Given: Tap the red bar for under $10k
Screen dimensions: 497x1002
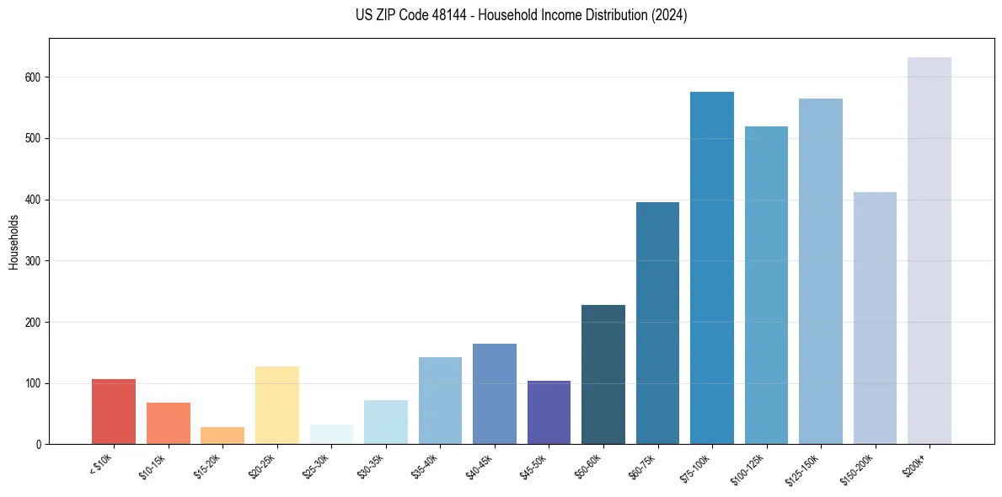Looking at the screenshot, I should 114,412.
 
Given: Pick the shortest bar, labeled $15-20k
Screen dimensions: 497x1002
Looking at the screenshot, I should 222,436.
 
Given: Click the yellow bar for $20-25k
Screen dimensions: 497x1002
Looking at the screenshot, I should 277,405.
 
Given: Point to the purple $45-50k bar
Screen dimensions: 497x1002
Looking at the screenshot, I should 549,413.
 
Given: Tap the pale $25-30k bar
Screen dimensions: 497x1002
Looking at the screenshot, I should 331,435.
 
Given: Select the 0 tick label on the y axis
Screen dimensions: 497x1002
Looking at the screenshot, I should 40,445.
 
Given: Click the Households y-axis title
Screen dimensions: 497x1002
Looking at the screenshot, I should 13,242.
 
